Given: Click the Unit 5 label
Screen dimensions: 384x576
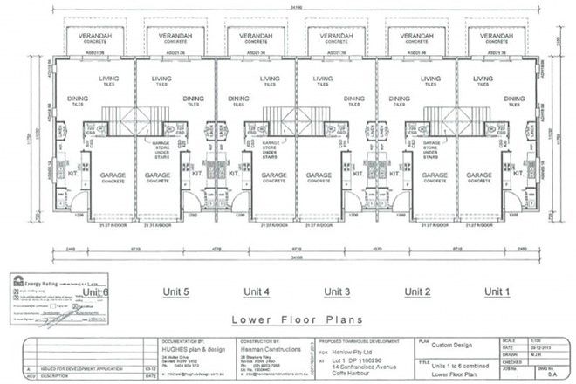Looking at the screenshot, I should [175, 291].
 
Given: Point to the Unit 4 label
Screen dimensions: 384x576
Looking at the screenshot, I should [256, 291].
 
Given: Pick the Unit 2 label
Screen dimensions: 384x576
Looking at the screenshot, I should [418, 291].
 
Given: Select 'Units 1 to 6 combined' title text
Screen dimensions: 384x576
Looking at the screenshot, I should [460, 361].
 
